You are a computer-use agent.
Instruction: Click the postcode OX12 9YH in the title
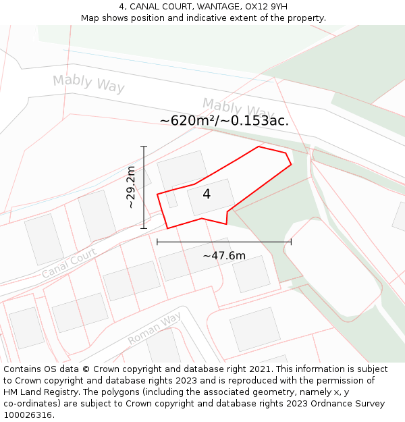[x=267, y=7]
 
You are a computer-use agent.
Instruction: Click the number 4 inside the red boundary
[x=207, y=194]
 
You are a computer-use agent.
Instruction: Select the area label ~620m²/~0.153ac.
[x=224, y=121]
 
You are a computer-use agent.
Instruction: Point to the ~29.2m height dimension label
[x=131, y=187]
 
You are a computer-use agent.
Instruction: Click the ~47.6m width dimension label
[x=224, y=256]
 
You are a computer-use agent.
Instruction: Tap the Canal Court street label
[x=69, y=262]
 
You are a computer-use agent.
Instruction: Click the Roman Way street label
[x=155, y=328]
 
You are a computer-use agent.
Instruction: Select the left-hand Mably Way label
[x=88, y=84]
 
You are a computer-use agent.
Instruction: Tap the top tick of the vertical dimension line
[x=144, y=147]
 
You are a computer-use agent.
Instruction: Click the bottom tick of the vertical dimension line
[x=144, y=228]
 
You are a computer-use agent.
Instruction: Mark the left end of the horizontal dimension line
[x=157, y=242]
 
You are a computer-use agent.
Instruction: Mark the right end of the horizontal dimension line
[x=291, y=242]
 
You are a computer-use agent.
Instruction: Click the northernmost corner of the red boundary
[x=259, y=147]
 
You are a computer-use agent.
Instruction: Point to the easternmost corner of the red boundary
[x=291, y=163]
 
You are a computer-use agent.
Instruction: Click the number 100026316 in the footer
[x=27, y=415]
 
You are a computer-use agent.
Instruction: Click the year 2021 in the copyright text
[x=260, y=369]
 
